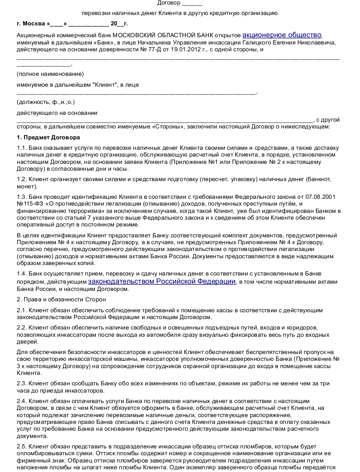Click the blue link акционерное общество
coord(282,35)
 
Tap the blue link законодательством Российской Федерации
coord(162,281)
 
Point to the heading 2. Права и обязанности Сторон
coord(61,300)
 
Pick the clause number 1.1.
coord(21,148)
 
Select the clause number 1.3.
coord(21,197)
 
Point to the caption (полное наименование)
coord(50,74)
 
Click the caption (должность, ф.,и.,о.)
coord(45,102)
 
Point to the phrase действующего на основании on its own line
coord(57,113)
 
